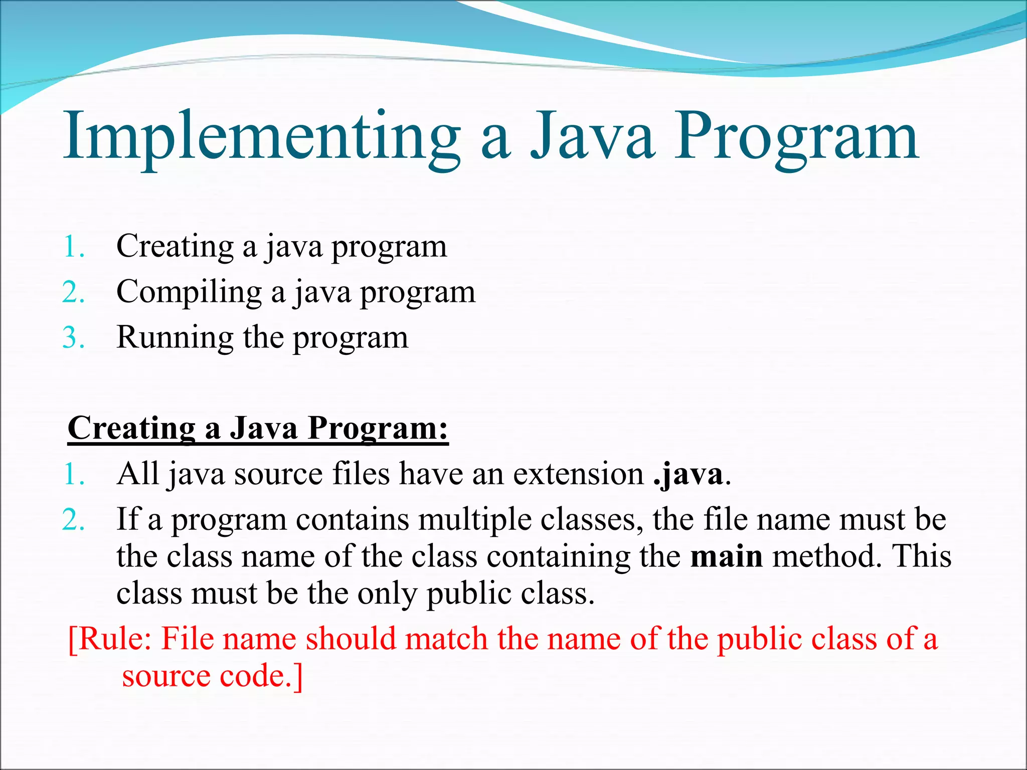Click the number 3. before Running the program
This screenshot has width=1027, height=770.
point(73,338)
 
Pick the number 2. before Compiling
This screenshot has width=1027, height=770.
point(73,292)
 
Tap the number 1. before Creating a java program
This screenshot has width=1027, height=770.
point(73,247)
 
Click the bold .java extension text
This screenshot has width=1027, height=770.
point(688,474)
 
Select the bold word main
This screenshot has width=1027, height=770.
point(726,556)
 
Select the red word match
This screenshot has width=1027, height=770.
point(446,639)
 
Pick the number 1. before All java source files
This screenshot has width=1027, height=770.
point(73,474)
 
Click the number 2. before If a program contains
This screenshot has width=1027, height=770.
point(73,520)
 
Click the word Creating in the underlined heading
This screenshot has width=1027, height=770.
point(131,429)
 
